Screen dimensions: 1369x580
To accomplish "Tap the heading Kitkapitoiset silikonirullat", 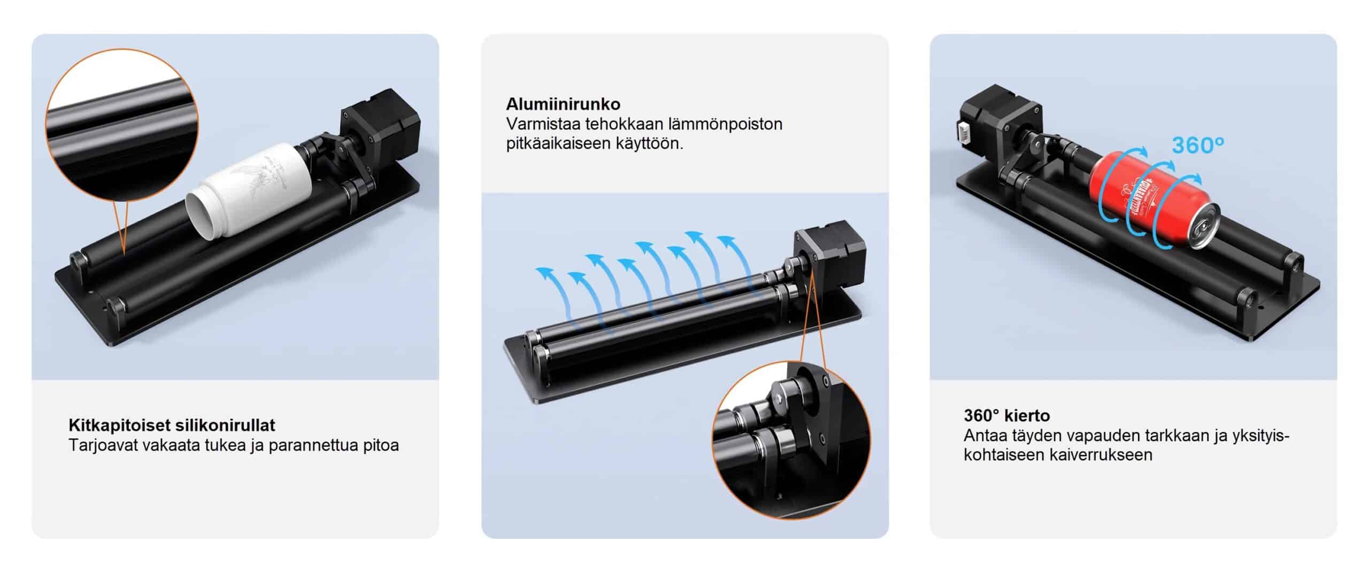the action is coord(172,426).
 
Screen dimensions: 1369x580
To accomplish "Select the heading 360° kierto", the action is coord(1007,415).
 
